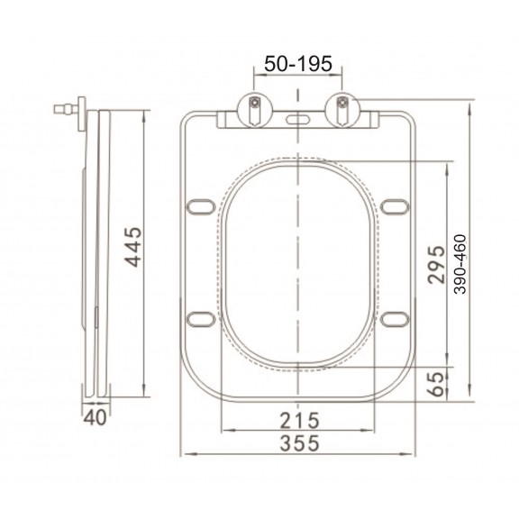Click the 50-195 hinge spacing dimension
[298, 64]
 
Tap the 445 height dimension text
[133, 247]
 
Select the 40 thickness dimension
[95, 418]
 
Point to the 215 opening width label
[299, 421]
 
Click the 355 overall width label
[299, 443]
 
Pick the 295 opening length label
[436, 265]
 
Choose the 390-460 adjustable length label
[460, 264]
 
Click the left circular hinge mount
[255, 110]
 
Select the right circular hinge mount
[342, 110]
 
